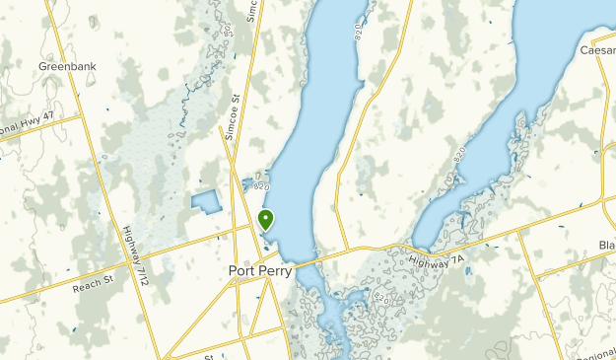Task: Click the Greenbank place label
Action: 66,66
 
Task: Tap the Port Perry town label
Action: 259,271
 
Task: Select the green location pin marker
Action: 265,219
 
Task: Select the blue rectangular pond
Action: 206,203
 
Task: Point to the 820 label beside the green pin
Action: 260,184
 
